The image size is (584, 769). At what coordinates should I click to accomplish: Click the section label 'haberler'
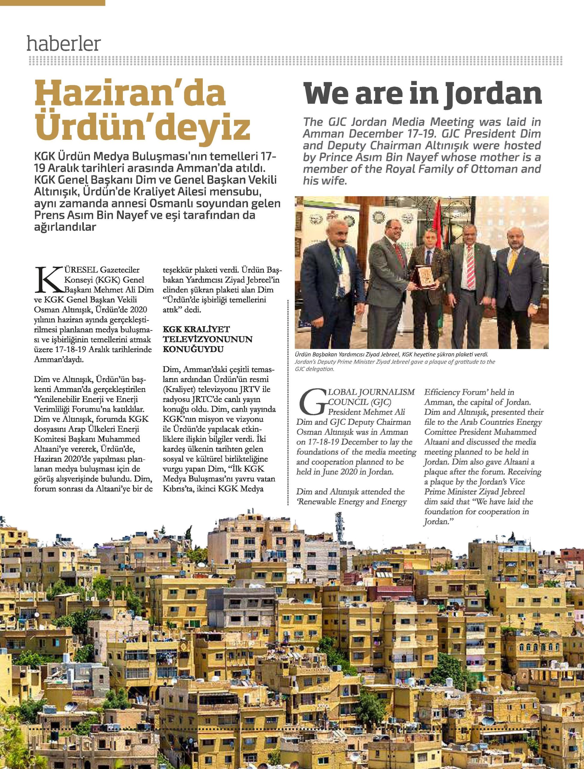(64, 44)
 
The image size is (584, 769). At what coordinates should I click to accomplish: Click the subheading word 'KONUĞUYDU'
(193, 349)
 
